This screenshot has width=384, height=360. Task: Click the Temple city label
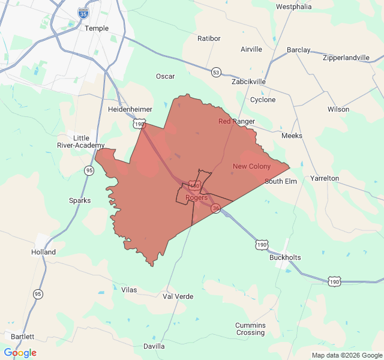(97, 28)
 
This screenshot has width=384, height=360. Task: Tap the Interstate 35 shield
(83, 13)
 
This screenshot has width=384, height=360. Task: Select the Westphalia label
(294, 7)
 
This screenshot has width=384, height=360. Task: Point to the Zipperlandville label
(346, 58)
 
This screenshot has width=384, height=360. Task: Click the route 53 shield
(216, 72)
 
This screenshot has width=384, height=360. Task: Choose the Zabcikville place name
(248, 82)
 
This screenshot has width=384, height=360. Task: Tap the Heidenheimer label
(130, 110)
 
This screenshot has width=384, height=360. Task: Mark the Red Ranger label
(236, 121)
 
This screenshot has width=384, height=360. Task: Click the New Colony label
(251, 166)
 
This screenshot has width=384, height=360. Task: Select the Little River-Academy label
(81, 141)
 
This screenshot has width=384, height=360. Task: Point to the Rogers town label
(196, 197)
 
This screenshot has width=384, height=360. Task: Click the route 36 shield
(216, 208)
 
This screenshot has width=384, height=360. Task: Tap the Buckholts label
(285, 257)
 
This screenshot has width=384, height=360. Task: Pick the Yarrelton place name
(325, 179)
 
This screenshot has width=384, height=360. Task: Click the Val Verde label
(178, 296)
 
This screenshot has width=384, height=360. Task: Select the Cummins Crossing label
(250, 329)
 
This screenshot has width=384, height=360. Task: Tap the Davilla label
(154, 346)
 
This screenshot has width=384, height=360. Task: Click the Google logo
(20, 352)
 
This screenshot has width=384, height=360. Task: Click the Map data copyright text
(347, 355)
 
